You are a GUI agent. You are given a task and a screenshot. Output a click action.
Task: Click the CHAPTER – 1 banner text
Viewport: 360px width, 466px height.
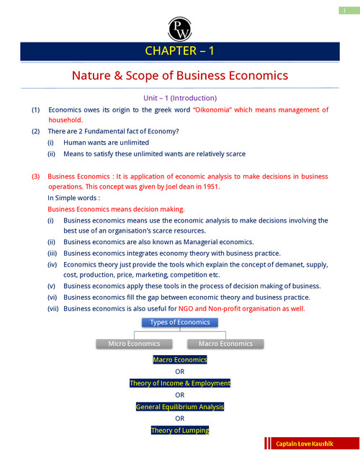tap(179, 51)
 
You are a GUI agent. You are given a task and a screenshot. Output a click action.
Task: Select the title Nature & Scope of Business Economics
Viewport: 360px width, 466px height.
tap(180, 76)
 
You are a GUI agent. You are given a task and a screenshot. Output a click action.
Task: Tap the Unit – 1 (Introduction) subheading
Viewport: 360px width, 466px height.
tap(180, 98)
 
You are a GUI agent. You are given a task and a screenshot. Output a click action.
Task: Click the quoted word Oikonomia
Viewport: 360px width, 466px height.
tap(220, 110)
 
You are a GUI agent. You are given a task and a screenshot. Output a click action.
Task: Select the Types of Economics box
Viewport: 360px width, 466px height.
tap(179, 322)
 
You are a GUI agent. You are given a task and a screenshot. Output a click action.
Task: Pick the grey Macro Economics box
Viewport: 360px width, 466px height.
tap(225, 344)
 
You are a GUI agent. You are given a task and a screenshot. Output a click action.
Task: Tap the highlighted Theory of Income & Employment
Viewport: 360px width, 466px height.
tap(179, 383)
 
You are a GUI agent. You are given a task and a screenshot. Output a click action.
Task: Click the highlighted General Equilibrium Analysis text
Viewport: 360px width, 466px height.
tap(179, 407)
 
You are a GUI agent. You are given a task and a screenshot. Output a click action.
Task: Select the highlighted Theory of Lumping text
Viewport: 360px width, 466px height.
tap(179, 431)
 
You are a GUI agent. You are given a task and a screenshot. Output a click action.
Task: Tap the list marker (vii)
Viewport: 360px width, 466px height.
tap(52, 308)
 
